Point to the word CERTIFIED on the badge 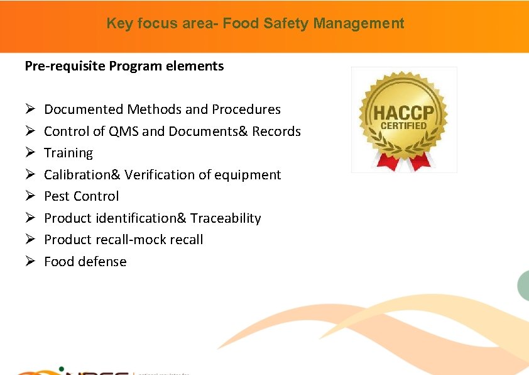click(x=403, y=126)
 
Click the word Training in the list click(x=68, y=153)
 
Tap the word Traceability click(x=226, y=218)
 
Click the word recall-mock click(x=132, y=240)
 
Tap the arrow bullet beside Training click(x=30, y=153)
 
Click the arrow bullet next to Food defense click(x=30, y=262)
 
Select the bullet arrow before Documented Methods click(x=30, y=109)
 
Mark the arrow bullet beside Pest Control click(x=30, y=196)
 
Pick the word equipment click(x=251, y=175)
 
